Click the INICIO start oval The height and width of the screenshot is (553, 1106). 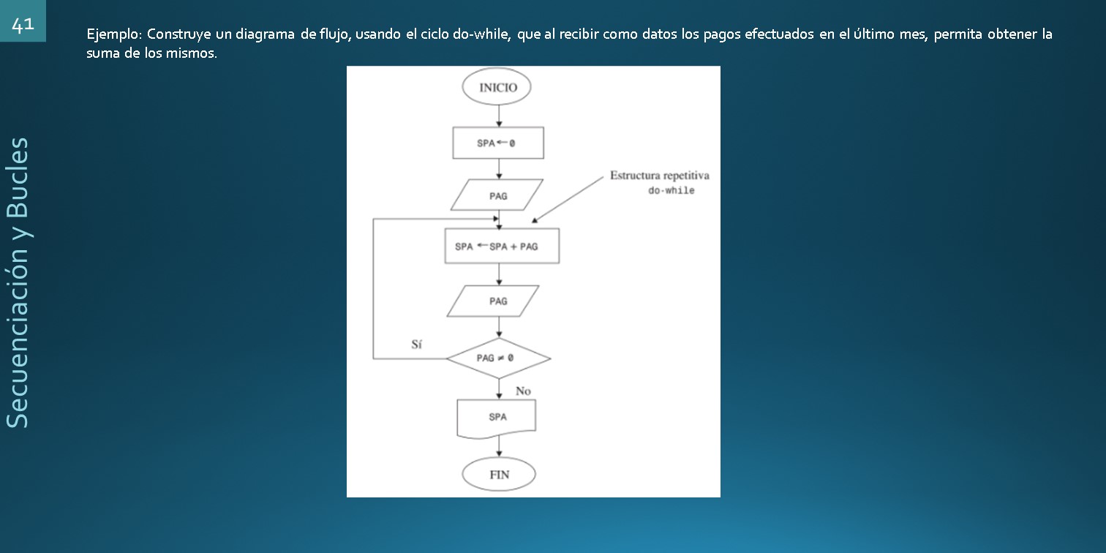[497, 88]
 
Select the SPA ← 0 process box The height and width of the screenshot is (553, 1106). [497, 143]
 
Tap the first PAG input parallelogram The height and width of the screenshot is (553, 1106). [497, 195]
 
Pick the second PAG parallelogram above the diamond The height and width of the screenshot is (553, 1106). [497, 301]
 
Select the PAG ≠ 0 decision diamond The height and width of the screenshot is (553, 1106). [497, 358]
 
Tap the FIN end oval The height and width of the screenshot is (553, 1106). [499, 474]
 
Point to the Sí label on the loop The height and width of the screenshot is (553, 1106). [416, 345]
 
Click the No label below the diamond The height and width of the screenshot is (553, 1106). [523, 391]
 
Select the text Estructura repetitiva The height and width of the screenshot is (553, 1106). [659, 176]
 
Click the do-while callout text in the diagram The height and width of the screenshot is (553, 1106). [671, 191]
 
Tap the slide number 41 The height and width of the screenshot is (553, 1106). [23, 24]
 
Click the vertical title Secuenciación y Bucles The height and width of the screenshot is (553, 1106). [18, 282]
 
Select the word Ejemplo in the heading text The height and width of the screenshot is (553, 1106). [113, 34]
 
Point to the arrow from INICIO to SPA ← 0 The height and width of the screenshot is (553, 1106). [498, 116]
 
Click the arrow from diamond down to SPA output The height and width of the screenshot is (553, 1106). [498, 388]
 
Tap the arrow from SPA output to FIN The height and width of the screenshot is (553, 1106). [498, 447]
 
